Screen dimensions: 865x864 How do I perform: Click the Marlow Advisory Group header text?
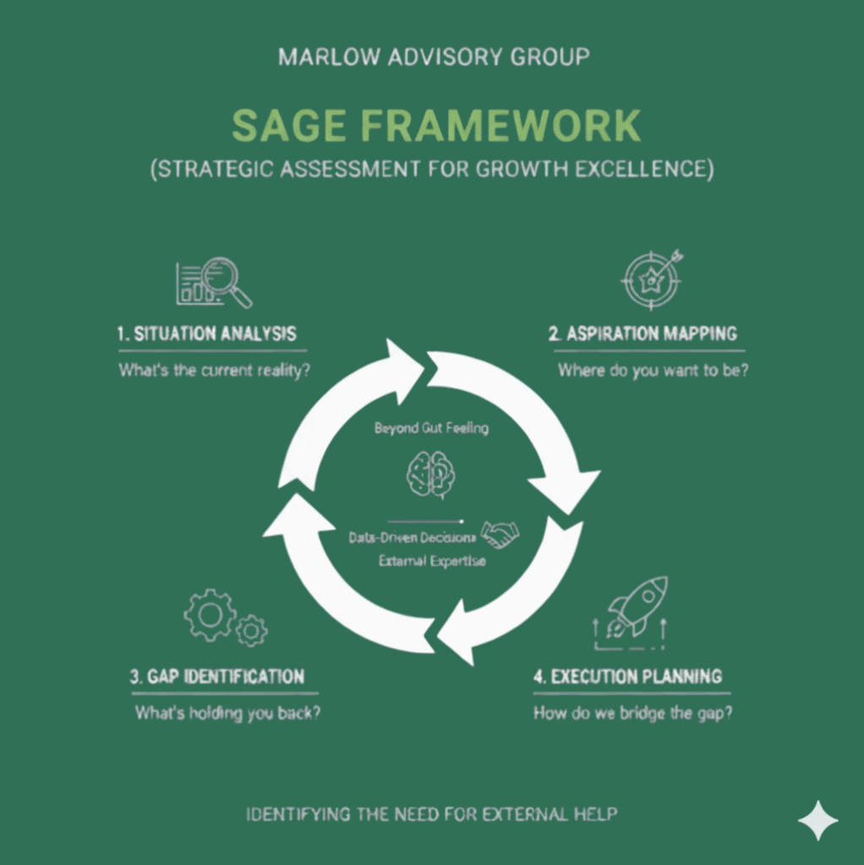point(434,57)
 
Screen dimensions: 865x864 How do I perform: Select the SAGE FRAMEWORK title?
point(435,125)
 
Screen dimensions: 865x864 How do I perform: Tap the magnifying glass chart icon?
point(214,282)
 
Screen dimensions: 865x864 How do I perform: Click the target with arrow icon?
point(652,280)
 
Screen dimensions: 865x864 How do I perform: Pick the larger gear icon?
point(209,615)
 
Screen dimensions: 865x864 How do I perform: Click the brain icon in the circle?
point(431,473)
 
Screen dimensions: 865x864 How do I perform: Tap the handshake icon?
point(500,534)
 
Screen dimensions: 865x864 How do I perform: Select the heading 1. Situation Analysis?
point(206,333)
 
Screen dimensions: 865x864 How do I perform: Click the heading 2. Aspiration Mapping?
point(643,333)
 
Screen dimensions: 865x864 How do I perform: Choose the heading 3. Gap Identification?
point(217,677)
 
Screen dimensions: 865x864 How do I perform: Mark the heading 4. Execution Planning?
point(627,677)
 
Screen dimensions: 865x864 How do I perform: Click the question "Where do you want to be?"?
point(653,370)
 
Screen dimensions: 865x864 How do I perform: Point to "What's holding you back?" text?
point(227,713)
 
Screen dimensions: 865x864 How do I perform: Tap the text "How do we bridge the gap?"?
point(632,713)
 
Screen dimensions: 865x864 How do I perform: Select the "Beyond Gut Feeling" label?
point(431,428)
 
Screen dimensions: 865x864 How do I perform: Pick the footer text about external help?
point(431,815)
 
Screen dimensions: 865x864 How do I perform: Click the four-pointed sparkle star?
point(818,820)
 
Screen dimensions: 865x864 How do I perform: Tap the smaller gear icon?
point(251,630)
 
